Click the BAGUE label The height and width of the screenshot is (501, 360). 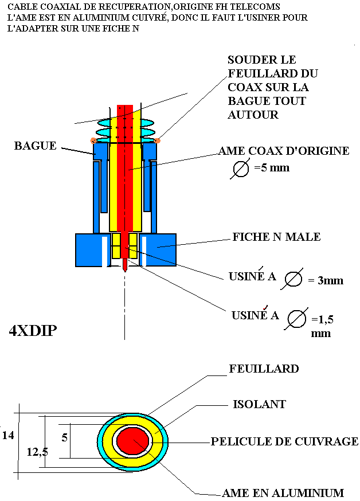(x=35, y=146)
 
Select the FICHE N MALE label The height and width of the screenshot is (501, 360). (x=276, y=237)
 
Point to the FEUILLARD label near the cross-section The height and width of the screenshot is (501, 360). (x=264, y=369)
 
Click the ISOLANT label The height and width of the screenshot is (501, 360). (x=259, y=405)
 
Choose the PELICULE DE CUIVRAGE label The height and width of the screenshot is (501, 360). (x=284, y=441)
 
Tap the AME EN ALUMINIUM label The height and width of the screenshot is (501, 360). (x=283, y=493)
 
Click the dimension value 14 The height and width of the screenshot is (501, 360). (x=7, y=435)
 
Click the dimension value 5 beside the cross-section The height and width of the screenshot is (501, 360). (x=65, y=437)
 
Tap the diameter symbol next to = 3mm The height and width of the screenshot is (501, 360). (x=293, y=279)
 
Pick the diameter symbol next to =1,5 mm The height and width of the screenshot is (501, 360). (x=297, y=319)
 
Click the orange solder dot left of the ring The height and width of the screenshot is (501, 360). (x=93, y=140)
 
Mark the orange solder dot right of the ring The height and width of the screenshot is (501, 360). (x=158, y=140)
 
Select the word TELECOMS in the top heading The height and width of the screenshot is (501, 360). (x=259, y=6)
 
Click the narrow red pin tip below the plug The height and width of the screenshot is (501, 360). (x=124, y=265)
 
